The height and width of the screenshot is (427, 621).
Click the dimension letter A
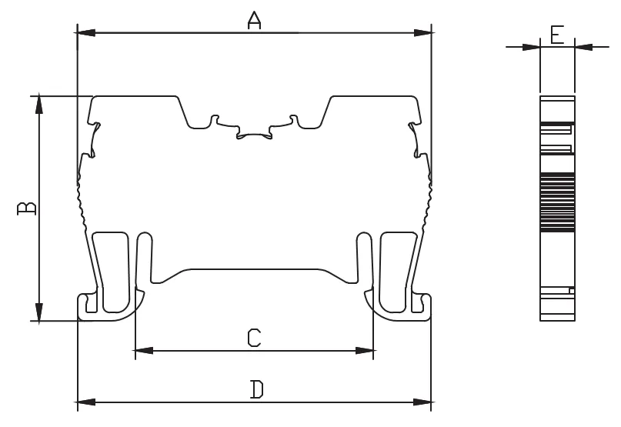[x=254, y=21]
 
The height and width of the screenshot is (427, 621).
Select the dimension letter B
[x=26, y=208]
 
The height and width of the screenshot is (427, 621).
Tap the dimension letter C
[x=254, y=338]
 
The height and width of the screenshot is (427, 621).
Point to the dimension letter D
[x=257, y=389]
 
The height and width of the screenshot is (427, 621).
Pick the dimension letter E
[x=557, y=34]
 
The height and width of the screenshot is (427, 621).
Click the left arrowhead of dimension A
[x=86, y=33]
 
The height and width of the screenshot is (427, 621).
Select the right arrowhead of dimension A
[x=422, y=33]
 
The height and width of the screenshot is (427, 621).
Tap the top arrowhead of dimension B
[x=38, y=105]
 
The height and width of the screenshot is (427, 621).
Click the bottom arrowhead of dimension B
[x=38, y=312]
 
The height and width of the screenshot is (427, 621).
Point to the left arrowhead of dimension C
[x=144, y=351]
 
